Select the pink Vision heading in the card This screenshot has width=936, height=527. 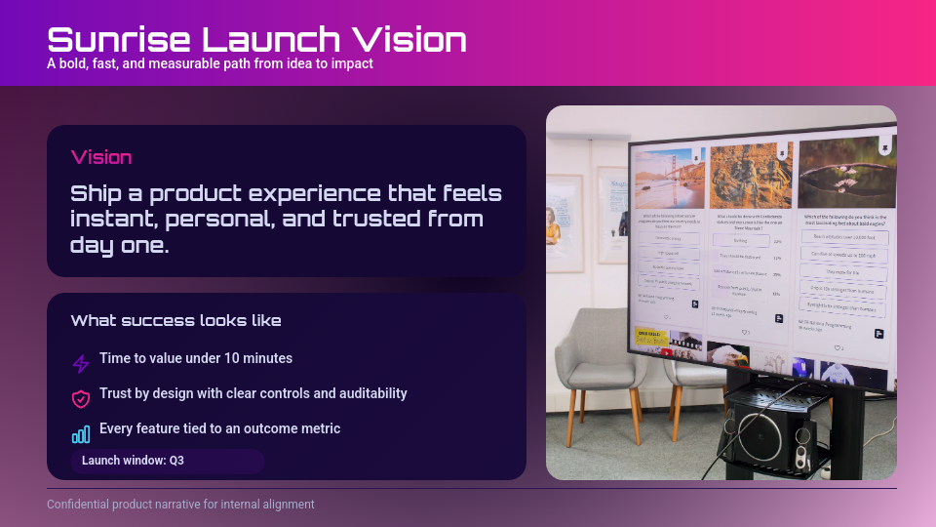pos(101,157)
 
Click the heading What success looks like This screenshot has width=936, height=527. pos(175,321)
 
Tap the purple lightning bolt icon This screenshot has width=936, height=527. pos(81,363)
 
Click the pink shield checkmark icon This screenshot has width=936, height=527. pos(81,398)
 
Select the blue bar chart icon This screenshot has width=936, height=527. pos(81,434)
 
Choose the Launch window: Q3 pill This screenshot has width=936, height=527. pos(167,461)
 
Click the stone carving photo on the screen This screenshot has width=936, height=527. pos(747,176)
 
